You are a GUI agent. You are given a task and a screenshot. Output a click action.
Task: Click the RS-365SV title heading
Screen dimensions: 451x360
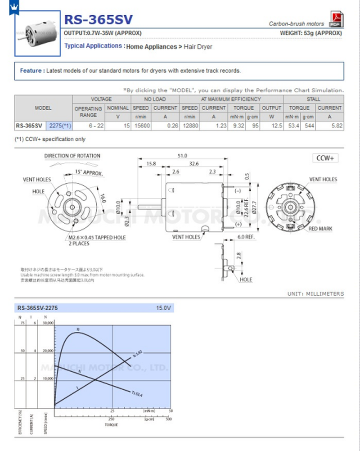tap(99, 20)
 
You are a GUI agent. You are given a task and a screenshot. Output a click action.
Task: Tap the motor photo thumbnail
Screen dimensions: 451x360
tap(38, 34)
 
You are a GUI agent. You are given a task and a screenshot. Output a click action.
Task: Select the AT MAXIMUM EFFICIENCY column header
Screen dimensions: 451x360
tap(231, 99)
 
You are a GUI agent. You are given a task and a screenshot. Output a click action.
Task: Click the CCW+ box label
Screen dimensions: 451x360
tap(324, 158)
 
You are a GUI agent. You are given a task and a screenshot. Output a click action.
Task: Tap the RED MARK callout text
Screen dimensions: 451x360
tap(320, 229)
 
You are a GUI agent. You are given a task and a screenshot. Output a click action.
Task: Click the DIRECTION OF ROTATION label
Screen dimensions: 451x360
tap(72, 156)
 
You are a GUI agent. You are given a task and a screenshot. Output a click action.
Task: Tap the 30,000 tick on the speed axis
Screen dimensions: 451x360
tap(47, 323)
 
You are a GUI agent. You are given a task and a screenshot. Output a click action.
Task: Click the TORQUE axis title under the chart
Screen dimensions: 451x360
tap(112, 424)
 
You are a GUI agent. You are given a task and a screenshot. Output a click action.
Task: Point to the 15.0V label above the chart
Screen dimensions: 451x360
tap(163, 308)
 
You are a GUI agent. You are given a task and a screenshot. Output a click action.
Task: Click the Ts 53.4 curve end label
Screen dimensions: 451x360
tap(137, 394)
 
